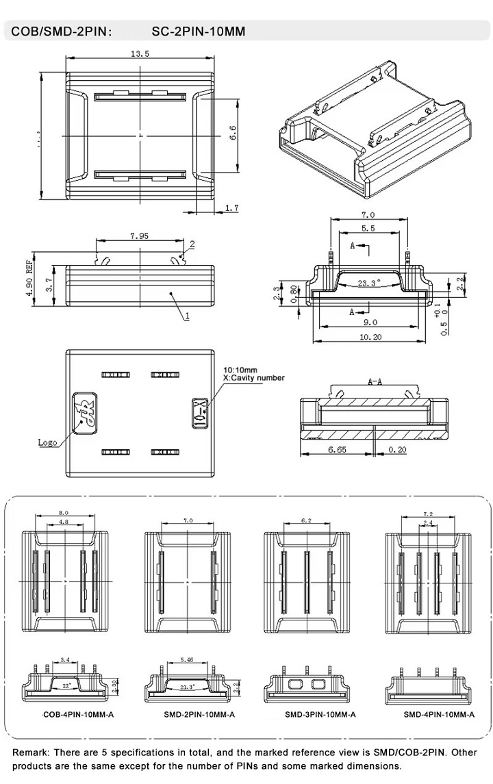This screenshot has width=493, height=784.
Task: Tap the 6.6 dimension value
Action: coord(232,134)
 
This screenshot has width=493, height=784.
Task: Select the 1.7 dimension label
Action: coord(231,207)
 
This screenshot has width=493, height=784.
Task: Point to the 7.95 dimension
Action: coord(140,236)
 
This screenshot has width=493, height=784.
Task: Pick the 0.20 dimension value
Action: coord(397,449)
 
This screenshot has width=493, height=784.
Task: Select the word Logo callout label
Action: coord(47,442)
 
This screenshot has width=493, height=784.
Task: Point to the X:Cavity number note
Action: coord(254,377)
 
